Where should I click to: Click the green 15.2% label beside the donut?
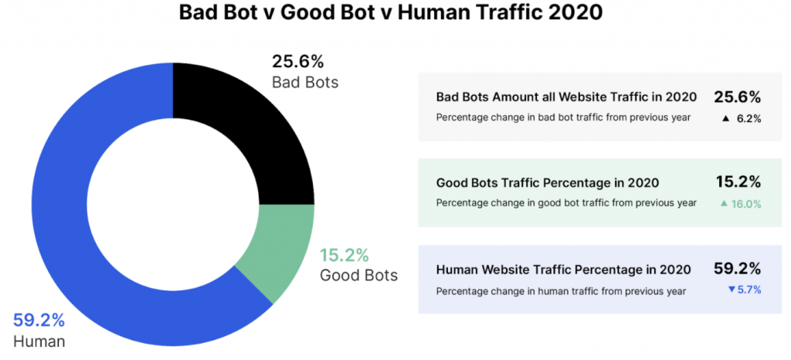[345, 255]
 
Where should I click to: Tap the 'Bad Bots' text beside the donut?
[305, 82]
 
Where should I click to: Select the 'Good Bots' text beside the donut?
[358, 275]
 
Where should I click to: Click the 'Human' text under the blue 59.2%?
[39, 341]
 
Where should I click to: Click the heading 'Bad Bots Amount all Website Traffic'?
[566, 97]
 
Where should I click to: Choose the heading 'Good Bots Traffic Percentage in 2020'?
[547, 183]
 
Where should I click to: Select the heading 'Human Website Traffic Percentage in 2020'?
[562, 270]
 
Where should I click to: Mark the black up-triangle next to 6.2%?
[725, 118]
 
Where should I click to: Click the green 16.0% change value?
[746, 204]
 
